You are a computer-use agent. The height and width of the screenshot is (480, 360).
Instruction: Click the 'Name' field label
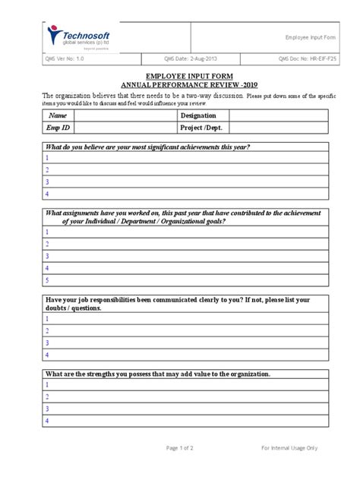point(58,115)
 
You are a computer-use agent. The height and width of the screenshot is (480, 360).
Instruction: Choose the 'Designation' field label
point(200,115)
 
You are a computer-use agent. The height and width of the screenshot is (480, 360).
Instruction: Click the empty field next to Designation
point(278,115)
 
